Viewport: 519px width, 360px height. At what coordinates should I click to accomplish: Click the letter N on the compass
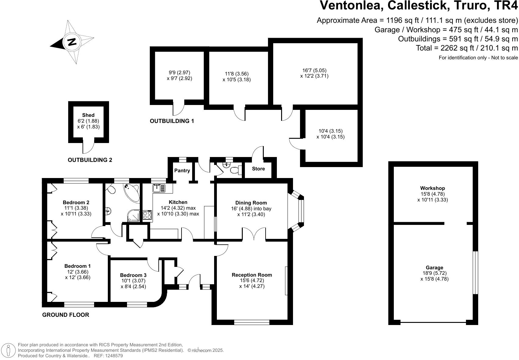(72, 41)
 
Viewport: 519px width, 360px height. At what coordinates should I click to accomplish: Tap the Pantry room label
(182, 170)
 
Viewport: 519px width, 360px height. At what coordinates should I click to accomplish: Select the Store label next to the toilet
(258, 169)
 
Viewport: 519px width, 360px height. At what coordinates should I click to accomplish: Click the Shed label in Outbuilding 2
(88, 115)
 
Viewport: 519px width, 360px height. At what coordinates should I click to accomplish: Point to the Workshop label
(432, 188)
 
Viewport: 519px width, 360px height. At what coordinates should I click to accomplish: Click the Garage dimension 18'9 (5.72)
(434, 273)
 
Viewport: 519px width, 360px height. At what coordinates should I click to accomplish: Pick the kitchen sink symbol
(159, 188)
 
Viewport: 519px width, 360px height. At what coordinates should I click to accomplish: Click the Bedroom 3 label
(133, 275)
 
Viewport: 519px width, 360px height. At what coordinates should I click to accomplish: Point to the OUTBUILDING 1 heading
(172, 121)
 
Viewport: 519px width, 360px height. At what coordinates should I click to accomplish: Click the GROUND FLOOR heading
(65, 315)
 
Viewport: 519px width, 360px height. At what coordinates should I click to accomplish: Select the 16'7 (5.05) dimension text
(314, 70)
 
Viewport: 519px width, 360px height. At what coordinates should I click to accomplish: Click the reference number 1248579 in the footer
(112, 355)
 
